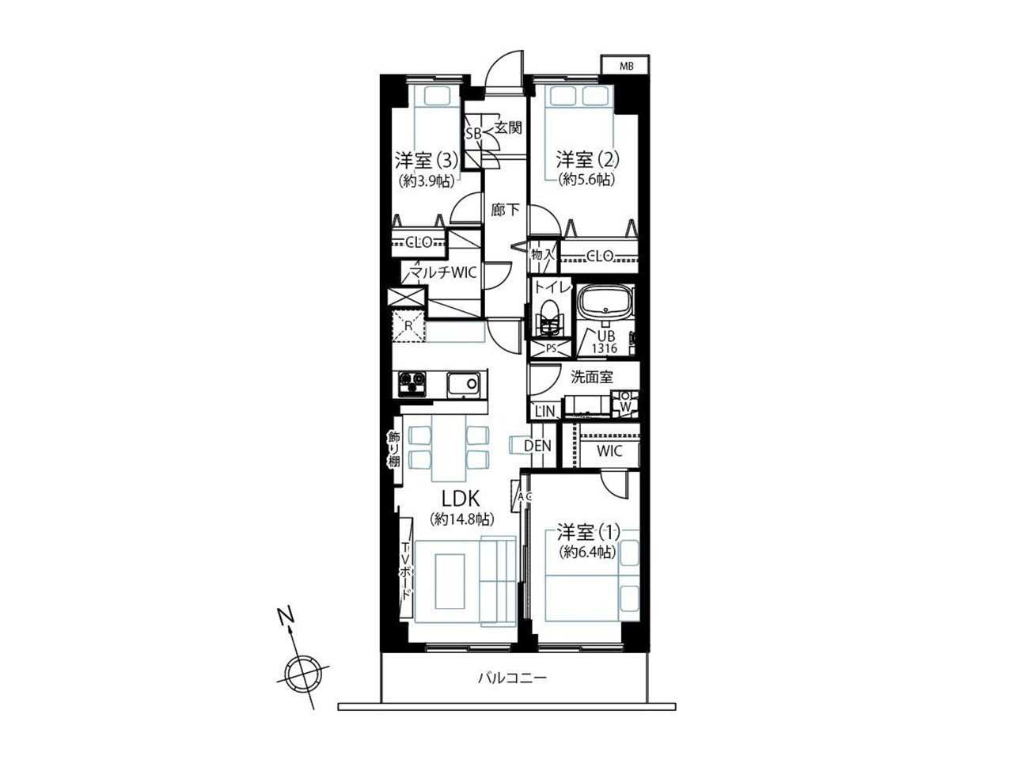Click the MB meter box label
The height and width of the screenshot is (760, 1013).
pyautogui.click(x=626, y=66)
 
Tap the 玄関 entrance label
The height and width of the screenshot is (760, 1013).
pyautogui.click(x=508, y=127)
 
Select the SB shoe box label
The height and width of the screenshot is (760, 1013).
pyautogui.click(x=473, y=134)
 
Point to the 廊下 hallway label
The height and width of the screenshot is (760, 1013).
pyautogui.click(x=506, y=211)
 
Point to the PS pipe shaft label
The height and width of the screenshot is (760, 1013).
pyautogui.click(x=551, y=349)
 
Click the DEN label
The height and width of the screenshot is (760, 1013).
pyautogui.click(x=537, y=446)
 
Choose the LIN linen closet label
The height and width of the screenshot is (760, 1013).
pyautogui.click(x=545, y=412)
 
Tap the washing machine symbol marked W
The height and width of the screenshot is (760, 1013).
pyautogui.click(x=625, y=405)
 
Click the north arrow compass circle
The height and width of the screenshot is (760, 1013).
pyautogui.click(x=301, y=674)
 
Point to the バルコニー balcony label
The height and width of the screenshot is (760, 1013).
pyautogui.click(x=512, y=678)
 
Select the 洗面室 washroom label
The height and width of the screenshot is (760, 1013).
pyautogui.click(x=592, y=377)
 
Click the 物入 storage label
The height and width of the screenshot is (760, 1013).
pyautogui.click(x=542, y=254)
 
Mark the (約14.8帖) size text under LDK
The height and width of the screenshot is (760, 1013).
pyautogui.click(x=461, y=519)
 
